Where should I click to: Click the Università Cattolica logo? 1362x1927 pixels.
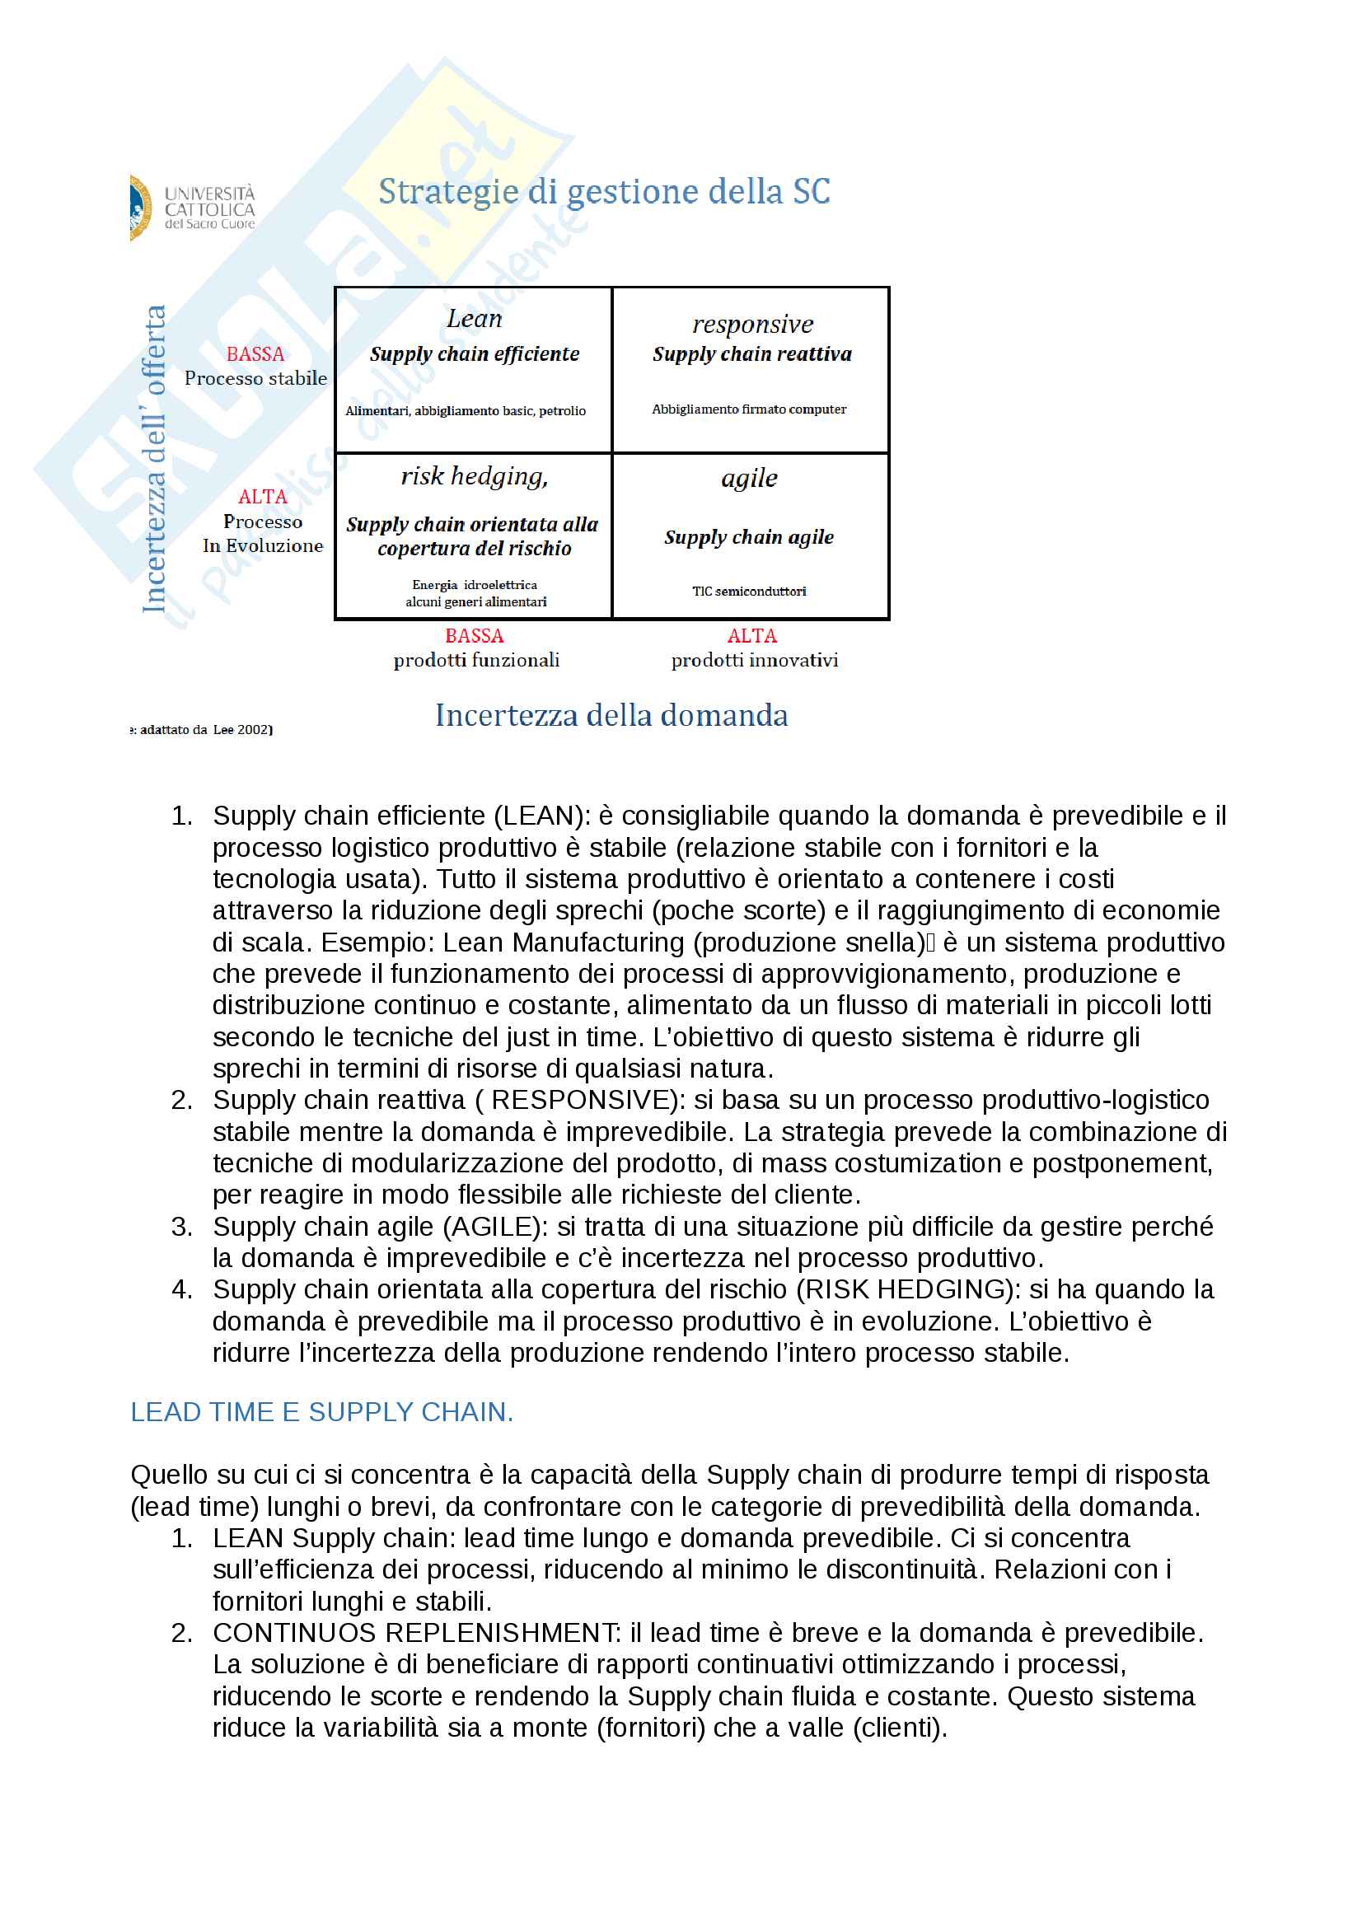(x=192, y=208)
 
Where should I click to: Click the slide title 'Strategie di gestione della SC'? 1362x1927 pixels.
(x=604, y=192)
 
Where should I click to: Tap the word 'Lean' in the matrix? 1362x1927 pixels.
(x=474, y=319)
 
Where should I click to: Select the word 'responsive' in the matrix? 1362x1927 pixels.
(x=753, y=324)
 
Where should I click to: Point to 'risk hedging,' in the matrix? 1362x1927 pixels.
(x=474, y=477)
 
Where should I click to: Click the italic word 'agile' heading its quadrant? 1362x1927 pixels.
(x=750, y=479)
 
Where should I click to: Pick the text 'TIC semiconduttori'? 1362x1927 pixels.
(x=750, y=592)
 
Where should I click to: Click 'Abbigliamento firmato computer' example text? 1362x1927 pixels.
(x=750, y=409)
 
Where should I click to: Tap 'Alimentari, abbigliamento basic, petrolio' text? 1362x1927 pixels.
(x=466, y=411)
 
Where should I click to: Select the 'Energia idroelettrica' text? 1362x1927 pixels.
(x=475, y=585)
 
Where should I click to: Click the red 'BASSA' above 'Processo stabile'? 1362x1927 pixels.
(x=255, y=354)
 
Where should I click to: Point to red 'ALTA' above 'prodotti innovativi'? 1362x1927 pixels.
(x=752, y=636)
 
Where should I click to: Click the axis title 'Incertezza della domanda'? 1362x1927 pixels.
(x=611, y=716)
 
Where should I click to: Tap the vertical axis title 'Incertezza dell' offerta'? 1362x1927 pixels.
(x=154, y=458)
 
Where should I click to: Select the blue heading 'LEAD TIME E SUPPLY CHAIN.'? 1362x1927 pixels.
(x=321, y=1413)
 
